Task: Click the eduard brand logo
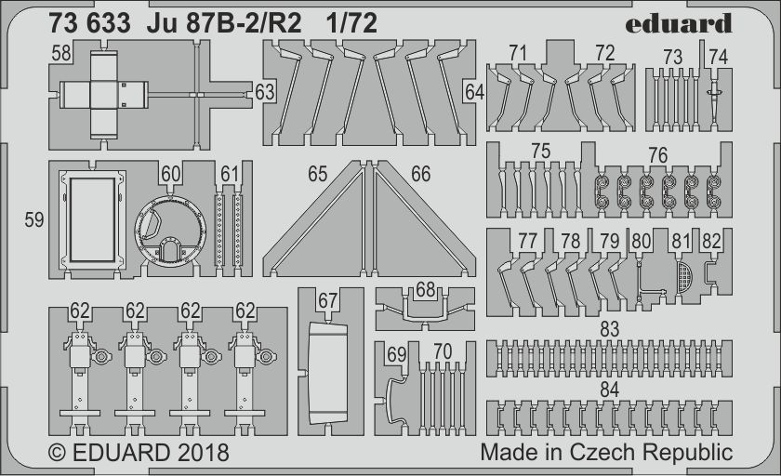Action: click(678, 24)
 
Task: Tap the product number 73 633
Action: click(89, 23)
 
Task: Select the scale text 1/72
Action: click(351, 23)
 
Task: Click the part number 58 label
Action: click(60, 53)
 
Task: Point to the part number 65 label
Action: click(317, 174)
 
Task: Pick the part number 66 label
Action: click(420, 174)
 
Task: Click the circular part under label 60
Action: click(170, 230)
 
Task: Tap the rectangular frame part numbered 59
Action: click(92, 219)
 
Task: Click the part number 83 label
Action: click(609, 328)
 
